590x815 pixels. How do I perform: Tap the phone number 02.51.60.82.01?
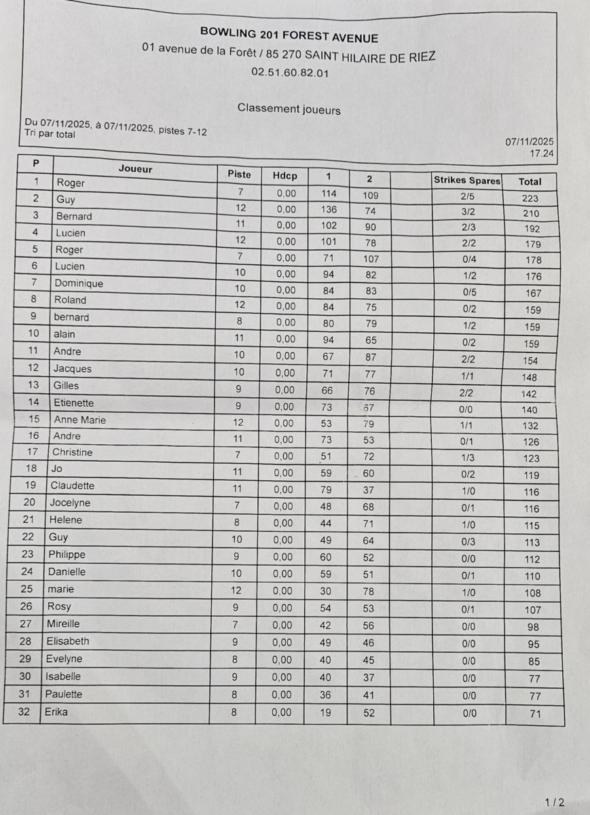click(289, 73)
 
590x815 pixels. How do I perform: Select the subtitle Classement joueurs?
click(289, 109)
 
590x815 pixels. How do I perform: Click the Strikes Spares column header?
click(467, 181)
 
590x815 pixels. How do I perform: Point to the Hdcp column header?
click(284, 176)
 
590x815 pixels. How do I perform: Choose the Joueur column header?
click(135, 169)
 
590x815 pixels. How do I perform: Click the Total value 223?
click(530, 198)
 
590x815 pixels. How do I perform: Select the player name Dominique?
click(79, 283)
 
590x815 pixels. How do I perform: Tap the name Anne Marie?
click(79, 420)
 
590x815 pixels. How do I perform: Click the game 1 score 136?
click(329, 209)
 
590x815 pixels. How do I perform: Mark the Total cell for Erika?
click(535, 714)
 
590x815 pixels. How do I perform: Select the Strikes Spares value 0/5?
click(468, 293)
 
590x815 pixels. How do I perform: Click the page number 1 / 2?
click(554, 802)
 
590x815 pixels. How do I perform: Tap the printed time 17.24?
click(542, 153)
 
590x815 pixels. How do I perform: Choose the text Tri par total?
click(50, 134)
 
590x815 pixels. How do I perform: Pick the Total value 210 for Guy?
click(532, 214)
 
